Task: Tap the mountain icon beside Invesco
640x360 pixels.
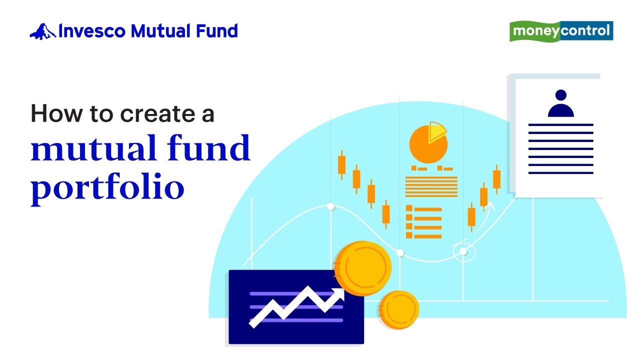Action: pos(42,31)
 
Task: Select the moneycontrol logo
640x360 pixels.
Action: pos(561,31)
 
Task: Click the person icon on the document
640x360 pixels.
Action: pos(560,103)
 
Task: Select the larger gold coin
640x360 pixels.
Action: pos(362,268)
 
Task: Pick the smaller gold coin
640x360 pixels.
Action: pos(398,310)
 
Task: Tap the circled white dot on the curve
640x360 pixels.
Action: pos(463,251)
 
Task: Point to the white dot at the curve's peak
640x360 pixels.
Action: pos(330,206)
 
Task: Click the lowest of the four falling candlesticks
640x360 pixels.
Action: pos(386,214)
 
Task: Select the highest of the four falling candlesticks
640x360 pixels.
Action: pos(342,164)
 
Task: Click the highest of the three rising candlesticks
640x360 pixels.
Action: pos(496,179)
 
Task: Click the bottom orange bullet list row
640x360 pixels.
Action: pos(423,236)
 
